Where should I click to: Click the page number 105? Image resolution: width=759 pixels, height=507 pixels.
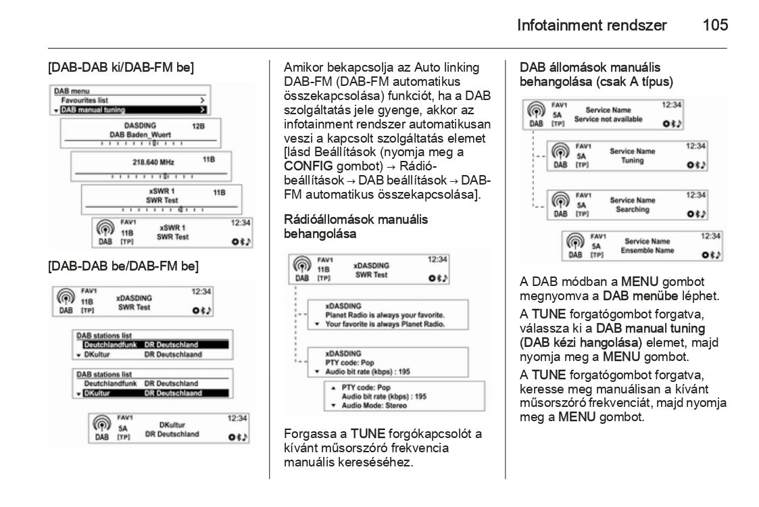715,25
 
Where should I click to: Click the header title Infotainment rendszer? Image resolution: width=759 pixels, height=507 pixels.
591,25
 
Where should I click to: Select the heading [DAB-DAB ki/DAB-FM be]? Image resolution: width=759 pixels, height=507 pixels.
120,68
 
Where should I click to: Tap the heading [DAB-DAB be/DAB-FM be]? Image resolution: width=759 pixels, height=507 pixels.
123,266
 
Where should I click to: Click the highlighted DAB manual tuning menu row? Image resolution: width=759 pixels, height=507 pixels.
130,110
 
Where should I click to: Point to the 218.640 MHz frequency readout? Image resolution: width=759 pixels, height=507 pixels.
153,162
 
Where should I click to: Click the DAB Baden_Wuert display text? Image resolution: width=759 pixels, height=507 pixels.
140,135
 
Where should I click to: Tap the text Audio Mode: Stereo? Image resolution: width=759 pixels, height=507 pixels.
374,406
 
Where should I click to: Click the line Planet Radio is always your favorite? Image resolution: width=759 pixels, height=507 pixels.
385,315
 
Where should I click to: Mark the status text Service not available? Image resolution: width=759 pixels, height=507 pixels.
608,119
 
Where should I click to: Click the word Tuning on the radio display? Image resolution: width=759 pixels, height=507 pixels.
632,160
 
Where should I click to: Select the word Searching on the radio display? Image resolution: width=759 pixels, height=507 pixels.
632,209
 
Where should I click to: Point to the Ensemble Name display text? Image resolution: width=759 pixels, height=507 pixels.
647,250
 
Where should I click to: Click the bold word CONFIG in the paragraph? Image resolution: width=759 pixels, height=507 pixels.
308,166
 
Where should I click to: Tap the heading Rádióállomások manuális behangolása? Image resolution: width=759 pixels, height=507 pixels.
356,226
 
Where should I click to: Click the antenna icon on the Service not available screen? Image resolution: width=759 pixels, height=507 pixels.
536,110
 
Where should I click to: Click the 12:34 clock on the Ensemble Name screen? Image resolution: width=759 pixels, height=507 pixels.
710,237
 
